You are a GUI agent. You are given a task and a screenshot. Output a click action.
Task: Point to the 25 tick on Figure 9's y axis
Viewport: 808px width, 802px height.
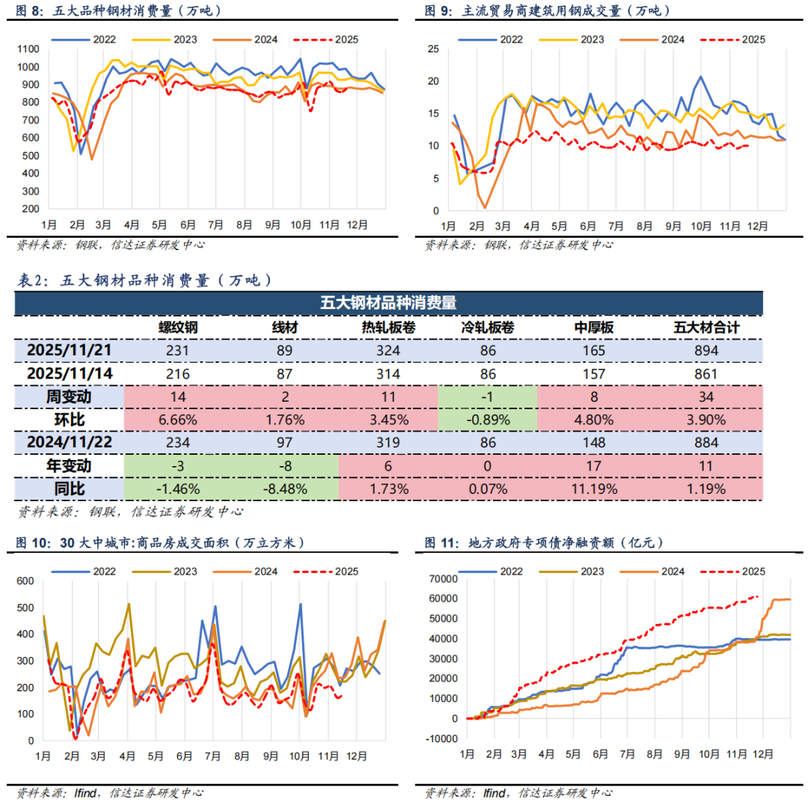tap(433, 49)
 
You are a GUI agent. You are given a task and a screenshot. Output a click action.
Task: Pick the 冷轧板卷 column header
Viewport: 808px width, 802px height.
tap(488, 327)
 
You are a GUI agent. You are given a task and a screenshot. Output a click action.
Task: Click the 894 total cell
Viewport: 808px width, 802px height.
tap(706, 350)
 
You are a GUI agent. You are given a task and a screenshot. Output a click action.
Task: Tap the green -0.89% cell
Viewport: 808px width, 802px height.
tap(488, 420)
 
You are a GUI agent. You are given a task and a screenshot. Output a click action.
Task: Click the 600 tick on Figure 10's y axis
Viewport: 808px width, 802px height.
tap(25, 581)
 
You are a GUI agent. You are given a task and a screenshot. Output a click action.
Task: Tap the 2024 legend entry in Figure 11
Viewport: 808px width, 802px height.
tap(672, 572)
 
